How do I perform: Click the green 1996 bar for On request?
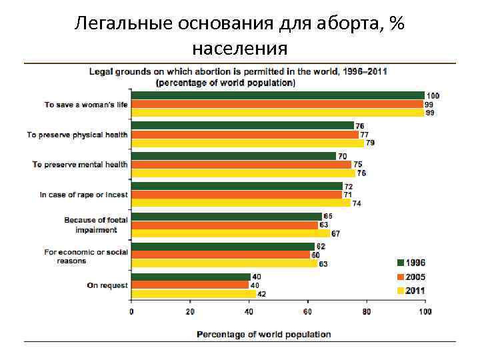191,277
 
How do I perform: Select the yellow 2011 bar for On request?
193,294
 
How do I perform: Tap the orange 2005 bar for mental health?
241,165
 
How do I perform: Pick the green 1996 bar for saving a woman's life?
277,95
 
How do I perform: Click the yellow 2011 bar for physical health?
247,143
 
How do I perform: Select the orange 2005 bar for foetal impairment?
224,225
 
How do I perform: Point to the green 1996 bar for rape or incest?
237,186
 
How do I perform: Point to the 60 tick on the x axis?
307,311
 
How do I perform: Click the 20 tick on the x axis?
190,311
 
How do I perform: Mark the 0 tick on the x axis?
131,311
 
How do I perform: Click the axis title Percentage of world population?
263,334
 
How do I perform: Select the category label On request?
107,285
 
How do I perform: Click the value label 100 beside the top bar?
433,96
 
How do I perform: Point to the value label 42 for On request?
262,294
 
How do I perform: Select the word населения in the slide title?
239,48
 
